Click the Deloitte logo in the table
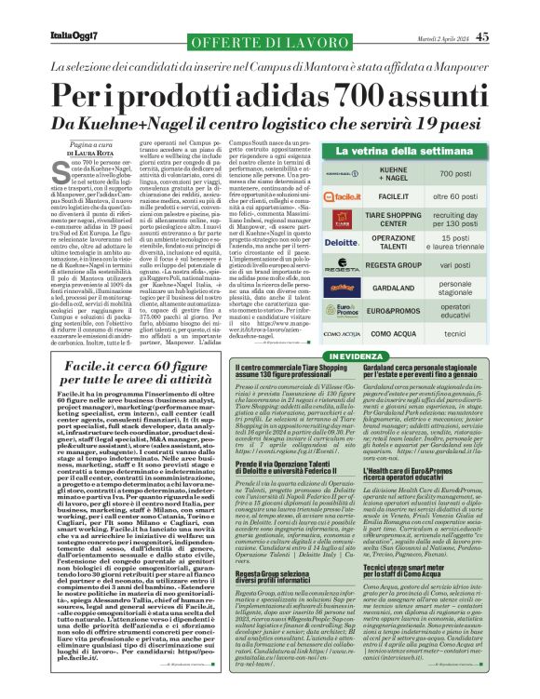pos(343,241)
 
